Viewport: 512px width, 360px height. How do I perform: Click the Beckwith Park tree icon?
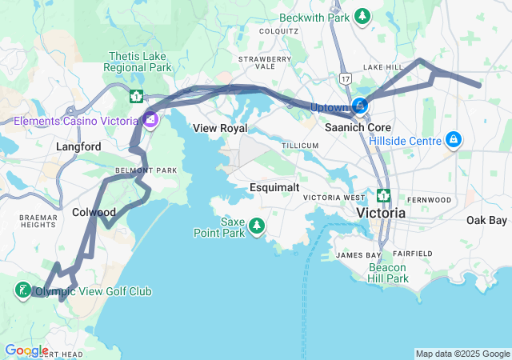(363, 15)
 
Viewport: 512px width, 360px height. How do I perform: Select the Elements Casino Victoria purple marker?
(150, 120)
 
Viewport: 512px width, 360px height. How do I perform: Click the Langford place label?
(78, 147)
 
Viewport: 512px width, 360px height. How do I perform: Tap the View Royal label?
(219, 128)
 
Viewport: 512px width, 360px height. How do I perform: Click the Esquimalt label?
(251, 187)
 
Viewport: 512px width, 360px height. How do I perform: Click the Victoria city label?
(381, 214)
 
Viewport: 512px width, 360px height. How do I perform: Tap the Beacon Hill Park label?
(388, 273)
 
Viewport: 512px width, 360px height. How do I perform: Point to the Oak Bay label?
(486, 220)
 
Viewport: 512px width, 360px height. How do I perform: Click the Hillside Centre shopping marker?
(454, 140)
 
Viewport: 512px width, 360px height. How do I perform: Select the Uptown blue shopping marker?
(361, 106)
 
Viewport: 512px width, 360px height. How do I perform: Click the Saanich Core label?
(358, 127)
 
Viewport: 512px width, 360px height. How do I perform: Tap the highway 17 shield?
(345, 78)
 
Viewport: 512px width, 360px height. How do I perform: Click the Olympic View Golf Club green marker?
(23, 290)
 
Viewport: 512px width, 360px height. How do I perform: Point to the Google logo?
(26, 350)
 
